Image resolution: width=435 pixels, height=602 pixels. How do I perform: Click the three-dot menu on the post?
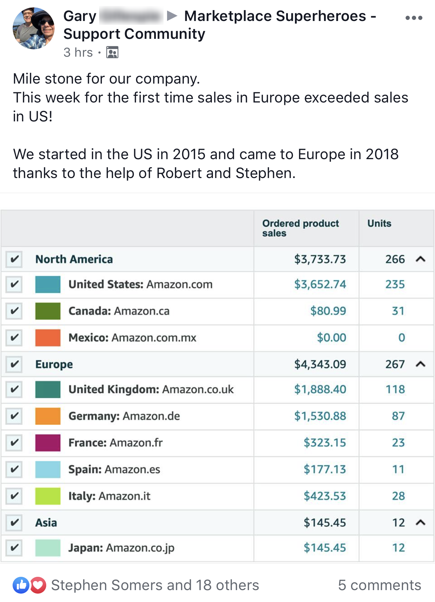pyautogui.click(x=414, y=18)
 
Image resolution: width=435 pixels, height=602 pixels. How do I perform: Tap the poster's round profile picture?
pyautogui.click(x=34, y=28)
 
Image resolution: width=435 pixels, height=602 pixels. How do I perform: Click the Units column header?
pyautogui.click(x=379, y=224)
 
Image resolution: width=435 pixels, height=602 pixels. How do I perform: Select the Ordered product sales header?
pyautogui.click(x=301, y=228)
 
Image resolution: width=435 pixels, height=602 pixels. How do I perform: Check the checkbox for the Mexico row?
pyautogui.click(x=14, y=338)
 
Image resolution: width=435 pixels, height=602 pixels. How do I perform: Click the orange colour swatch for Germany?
pyautogui.click(x=48, y=416)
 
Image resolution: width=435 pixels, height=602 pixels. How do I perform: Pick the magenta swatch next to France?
pyautogui.click(x=48, y=442)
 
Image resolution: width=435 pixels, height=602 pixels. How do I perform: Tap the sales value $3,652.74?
pyautogui.click(x=320, y=284)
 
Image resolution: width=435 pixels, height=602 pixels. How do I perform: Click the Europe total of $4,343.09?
pyautogui.click(x=320, y=364)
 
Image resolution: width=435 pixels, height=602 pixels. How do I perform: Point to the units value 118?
pyautogui.click(x=395, y=389)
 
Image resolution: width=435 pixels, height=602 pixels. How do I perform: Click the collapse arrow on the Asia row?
pyautogui.click(x=420, y=523)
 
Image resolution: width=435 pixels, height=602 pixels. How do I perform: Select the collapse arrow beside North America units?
pyautogui.click(x=420, y=259)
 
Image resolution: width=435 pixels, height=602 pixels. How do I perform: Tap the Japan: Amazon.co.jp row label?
pyautogui.click(x=121, y=548)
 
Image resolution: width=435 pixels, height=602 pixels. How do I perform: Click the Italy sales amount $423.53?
pyautogui.click(x=324, y=496)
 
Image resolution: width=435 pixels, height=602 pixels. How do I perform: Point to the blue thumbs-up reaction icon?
pyautogui.click(x=21, y=585)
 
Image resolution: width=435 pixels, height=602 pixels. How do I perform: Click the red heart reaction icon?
pyautogui.click(x=38, y=585)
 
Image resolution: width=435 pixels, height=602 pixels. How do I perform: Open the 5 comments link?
pyautogui.click(x=379, y=585)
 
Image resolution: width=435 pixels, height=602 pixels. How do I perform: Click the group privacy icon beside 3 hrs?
pyautogui.click(x=112, y=52)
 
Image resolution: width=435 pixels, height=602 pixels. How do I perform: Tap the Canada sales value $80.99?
pyautogui.click(x=328, y=311)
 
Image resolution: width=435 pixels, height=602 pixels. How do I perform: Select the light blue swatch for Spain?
pyautogui.click(x=48, y=469)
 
